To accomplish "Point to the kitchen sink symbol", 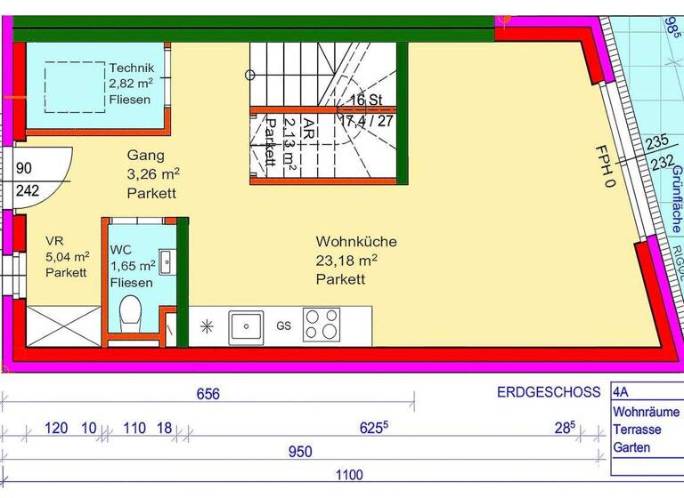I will pos(247,325).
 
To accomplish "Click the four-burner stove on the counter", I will pos(321,325).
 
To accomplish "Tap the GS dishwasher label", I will pos(284,326).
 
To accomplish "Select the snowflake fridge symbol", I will pos(208,326).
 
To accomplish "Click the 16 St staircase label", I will pos(366,100).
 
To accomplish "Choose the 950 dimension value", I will pos(300,452).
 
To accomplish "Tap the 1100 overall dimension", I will pos(348,477).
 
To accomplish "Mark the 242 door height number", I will pos(28,190).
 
